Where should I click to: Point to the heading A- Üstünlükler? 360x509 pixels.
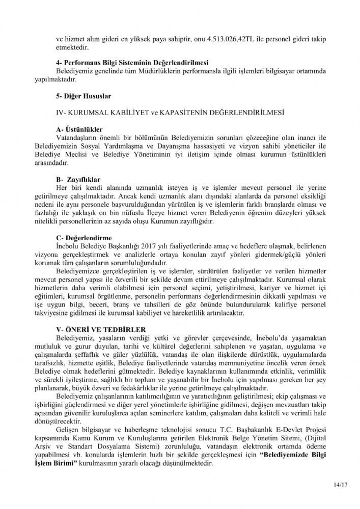[x=80, y=129]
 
